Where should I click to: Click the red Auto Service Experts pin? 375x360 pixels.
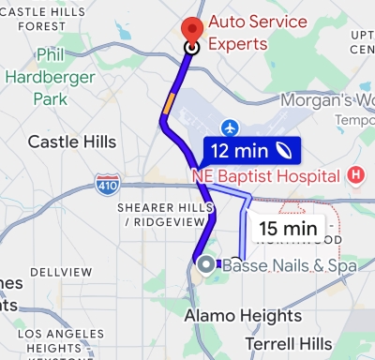point(193,30)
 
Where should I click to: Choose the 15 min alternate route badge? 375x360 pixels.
point(287,227)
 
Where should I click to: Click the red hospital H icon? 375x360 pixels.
point(355,174)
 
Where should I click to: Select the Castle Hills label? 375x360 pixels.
point(72,142)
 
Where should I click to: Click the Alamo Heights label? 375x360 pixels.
point(242,315)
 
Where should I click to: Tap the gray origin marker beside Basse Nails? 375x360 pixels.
point(206,265)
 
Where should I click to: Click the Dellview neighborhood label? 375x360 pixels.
point(61,272)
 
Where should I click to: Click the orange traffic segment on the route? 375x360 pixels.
point(168,101)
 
